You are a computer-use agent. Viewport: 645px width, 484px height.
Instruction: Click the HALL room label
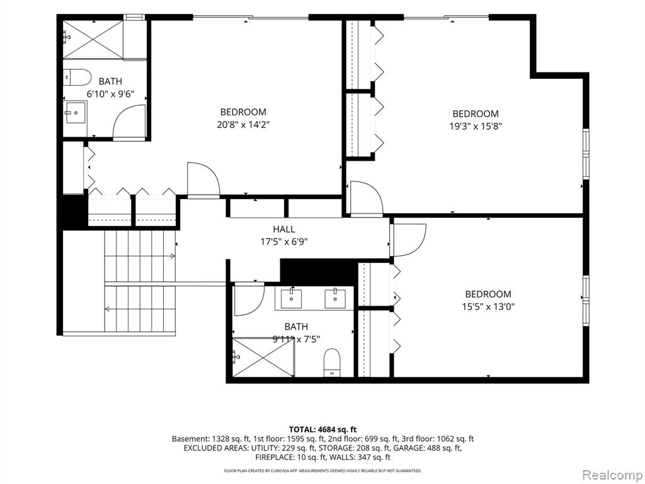[284, 229]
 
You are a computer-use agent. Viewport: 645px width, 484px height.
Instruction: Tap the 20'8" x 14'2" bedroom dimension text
[243, 124]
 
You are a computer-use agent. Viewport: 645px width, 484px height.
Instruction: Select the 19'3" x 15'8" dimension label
[476, 126]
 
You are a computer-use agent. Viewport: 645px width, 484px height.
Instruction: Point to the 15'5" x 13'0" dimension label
[488, 306]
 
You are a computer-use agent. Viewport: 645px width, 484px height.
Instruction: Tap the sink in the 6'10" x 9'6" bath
[75, 112]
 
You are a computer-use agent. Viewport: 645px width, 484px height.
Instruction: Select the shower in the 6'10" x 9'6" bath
[93, 38]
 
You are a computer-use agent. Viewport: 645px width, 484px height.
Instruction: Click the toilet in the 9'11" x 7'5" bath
[332, 362]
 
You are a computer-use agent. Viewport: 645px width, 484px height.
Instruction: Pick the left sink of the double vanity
[291, 299]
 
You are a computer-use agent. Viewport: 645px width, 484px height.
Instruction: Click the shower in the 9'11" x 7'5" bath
[264, 357]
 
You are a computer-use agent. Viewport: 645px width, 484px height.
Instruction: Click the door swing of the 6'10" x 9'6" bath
[129, 122]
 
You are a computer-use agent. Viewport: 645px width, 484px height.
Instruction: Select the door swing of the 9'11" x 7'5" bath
[249, 299]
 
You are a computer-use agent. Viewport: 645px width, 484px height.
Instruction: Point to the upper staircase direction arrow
[140, 256]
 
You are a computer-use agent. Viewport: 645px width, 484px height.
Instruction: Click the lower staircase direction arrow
[140, 309]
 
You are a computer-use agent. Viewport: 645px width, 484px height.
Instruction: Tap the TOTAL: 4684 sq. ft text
[322, 430]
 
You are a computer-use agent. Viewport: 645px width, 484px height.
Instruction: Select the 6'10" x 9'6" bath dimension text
[110, 94]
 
